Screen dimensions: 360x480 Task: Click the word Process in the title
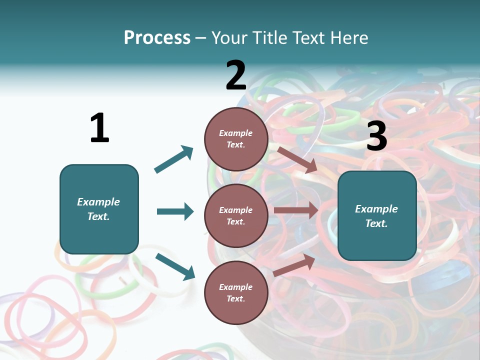tap(157, 38)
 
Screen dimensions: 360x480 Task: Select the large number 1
tap(99, 128)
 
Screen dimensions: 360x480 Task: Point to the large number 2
tap(236, 75)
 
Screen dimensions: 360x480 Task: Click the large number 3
tap(376, 136)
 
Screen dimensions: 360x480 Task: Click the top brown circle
tap(236, 139)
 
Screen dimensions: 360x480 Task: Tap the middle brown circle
tap(236, 215)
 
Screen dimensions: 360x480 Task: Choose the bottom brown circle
tap(236, 292)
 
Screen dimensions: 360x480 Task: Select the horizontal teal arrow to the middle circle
tap(175, 211)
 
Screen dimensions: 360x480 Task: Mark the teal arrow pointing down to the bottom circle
tap(175, 266)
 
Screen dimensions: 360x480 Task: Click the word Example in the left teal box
tap(98, 202)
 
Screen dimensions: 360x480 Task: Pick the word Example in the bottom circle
tap(236, 287)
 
